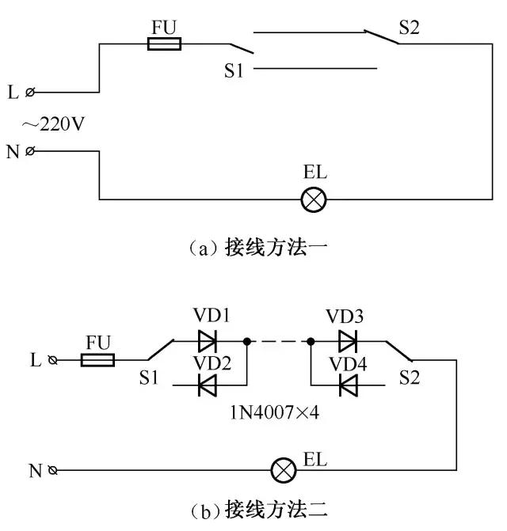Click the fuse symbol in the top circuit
(165, 44)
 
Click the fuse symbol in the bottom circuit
(98, 360)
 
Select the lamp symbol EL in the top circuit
(314, 199)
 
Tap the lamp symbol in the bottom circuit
(283, 471)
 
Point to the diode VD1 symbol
(208, 342)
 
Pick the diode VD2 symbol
(208, 385)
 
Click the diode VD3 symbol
(347, 342)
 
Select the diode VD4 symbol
(347, 385)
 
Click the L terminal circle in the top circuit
(30, 93)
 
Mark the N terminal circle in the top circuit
(30, 151)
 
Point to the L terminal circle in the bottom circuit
(53, 360)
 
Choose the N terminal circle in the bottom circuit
(53, 471)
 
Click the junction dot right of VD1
(249, 342)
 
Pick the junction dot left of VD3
(311, 342)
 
